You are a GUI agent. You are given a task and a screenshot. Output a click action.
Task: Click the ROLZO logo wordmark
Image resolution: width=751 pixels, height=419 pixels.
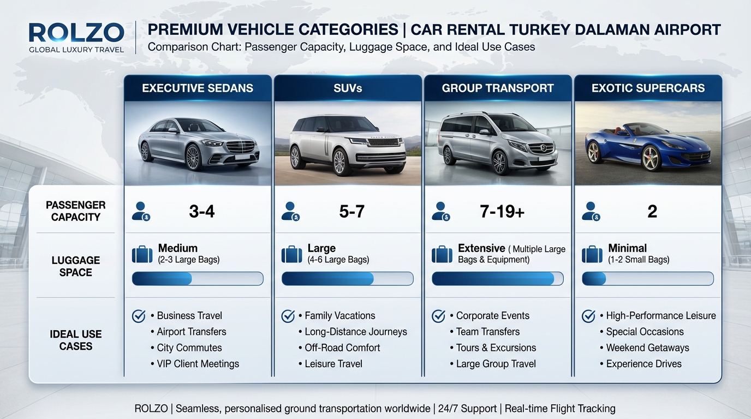click(76, 32)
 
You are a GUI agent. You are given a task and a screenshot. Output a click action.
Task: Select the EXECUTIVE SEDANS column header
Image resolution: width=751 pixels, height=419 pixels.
click(198, 88)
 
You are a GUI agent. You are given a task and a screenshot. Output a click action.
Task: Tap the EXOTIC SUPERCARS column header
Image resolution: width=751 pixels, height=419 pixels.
click(648, 88)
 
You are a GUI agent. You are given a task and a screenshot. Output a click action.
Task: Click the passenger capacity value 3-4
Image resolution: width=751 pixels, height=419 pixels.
click(202, 211)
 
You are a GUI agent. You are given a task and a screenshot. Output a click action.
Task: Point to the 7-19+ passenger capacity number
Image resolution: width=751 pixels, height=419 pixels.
click(502, 211)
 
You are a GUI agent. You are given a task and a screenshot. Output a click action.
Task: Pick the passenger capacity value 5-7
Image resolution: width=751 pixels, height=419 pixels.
click(351, 211)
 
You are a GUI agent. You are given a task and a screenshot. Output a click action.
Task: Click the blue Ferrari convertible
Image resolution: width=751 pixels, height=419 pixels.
click(647, 146)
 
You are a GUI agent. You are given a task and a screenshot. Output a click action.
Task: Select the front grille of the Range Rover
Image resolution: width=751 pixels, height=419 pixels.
click(380, 149)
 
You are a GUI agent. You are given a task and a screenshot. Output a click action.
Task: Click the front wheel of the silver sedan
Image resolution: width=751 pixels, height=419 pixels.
click(193, 157)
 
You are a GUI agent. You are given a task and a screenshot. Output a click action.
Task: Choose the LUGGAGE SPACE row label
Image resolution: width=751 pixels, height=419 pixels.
click(75, 266)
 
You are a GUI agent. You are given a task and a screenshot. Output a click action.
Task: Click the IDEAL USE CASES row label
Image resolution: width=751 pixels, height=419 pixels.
click(75, 340)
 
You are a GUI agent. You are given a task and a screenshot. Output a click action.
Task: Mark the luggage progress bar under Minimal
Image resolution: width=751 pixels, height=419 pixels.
click(648, 279)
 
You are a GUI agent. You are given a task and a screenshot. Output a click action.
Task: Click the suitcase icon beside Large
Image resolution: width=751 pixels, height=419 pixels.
click(292, 254)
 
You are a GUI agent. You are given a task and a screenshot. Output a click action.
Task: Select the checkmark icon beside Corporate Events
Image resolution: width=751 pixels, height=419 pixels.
click(438, 316)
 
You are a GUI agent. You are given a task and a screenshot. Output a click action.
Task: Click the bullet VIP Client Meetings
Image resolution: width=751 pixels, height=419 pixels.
click(198, 364)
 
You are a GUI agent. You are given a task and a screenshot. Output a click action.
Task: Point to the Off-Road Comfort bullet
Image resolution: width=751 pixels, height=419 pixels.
click(342, 348)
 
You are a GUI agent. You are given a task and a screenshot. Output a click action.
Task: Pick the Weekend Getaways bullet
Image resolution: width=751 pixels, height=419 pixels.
click(647, 348)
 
